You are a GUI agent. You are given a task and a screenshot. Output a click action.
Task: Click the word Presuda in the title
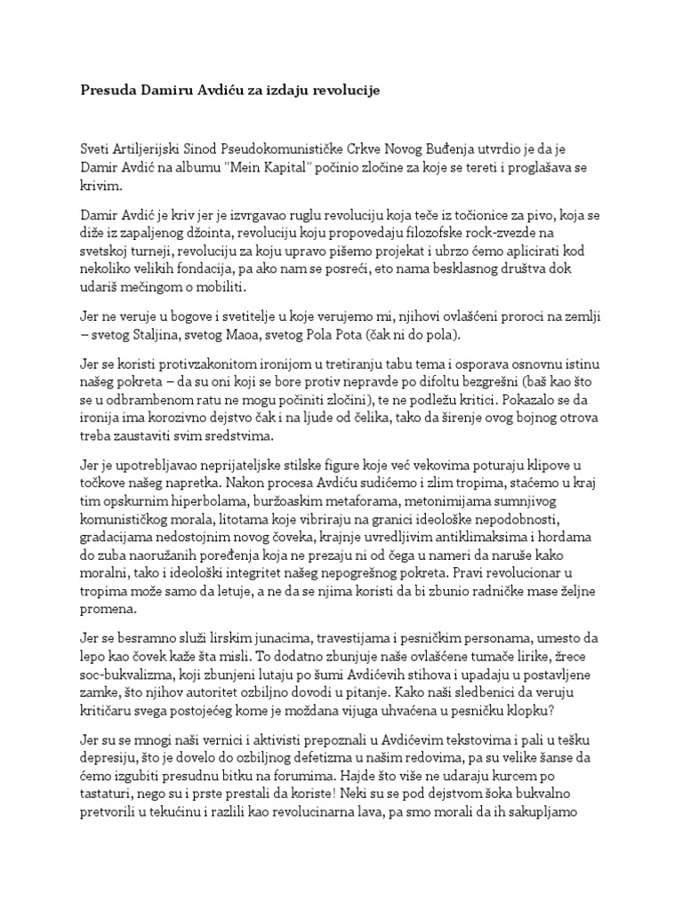[101, 92]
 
